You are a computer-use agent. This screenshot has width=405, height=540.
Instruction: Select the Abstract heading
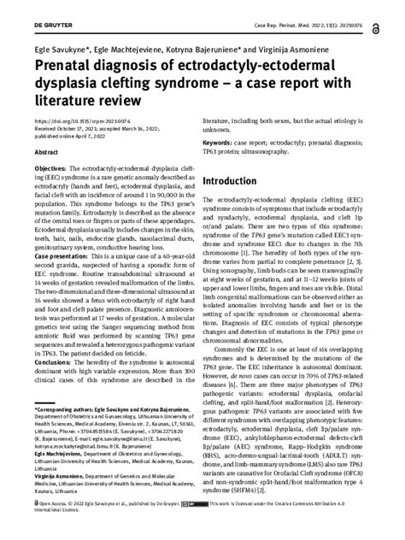pyautogui.click(x=45, y=151)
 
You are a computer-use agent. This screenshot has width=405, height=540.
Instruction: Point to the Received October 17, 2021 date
pyautogui.click(x=65, y=128)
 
